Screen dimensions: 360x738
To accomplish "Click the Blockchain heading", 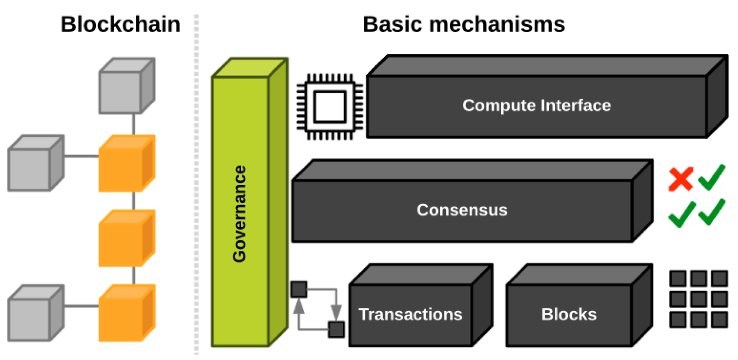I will point(120,24).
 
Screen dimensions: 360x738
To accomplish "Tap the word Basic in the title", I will point(392,24).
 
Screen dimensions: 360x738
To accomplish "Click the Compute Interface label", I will point(537,106).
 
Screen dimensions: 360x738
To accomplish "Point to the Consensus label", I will point(462,210).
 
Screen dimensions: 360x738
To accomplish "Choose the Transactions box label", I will point(410,314).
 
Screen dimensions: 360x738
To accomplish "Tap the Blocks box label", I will point(569,314).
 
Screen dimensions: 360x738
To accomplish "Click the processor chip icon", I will point(330,107).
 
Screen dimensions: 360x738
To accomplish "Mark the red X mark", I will point(681,179).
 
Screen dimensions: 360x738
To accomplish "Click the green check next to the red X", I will point(712,177).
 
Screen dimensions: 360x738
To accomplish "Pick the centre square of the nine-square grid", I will point(698,299).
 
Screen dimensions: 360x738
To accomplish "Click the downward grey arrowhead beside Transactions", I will point(336,312).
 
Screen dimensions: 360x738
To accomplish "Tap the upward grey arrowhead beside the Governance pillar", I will point(299,307).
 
